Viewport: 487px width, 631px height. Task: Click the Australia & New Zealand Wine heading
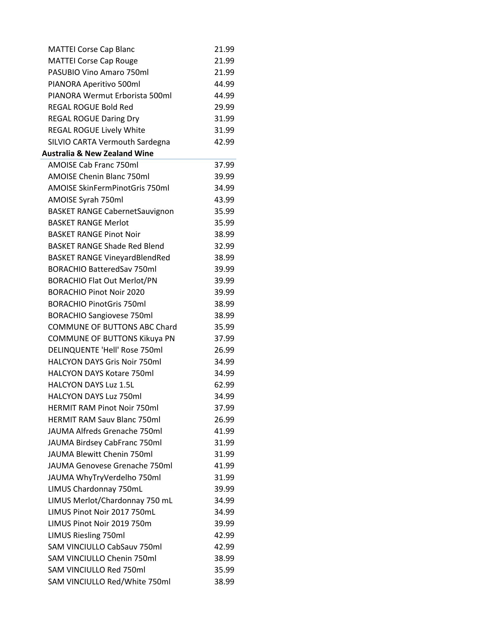[x=98, y=153]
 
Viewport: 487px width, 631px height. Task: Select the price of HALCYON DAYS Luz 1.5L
[x=224, y=385]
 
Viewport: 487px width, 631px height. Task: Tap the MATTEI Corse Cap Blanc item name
[x=91, y=49]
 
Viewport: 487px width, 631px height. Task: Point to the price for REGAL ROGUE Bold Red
[x=224, y=107]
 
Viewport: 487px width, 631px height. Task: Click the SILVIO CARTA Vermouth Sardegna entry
[x=109, y=142]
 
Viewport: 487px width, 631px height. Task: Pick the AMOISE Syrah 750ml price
[x=224, y=200]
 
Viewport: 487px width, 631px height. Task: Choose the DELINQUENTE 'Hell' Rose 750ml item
[x=105, y=350]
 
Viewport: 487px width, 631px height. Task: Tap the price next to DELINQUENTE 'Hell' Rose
[x=224, y=350]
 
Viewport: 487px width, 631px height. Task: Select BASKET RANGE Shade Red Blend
[x=106, y=246]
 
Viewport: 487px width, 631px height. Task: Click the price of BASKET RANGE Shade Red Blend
[x=224, y=246]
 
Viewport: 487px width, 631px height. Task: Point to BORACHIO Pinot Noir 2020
[x=96, y=292]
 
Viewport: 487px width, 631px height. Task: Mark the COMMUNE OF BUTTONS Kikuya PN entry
[x=111, y=339]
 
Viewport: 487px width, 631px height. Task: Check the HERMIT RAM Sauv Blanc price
[x=224, y=420]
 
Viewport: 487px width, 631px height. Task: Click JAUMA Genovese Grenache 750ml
[x=110, y=466]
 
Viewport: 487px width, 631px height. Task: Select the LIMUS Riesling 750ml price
[x=224, y=535]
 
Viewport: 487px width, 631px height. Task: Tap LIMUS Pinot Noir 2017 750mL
[x=102, y=512]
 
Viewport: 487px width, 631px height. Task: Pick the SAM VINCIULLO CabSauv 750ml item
[x=105, y=547]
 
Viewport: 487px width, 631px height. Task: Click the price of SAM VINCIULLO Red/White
[x=224, y=582]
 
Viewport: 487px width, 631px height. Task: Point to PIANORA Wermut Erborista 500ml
[x=110, y=96]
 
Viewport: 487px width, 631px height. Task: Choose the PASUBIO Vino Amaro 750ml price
[x=224, y=72]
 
